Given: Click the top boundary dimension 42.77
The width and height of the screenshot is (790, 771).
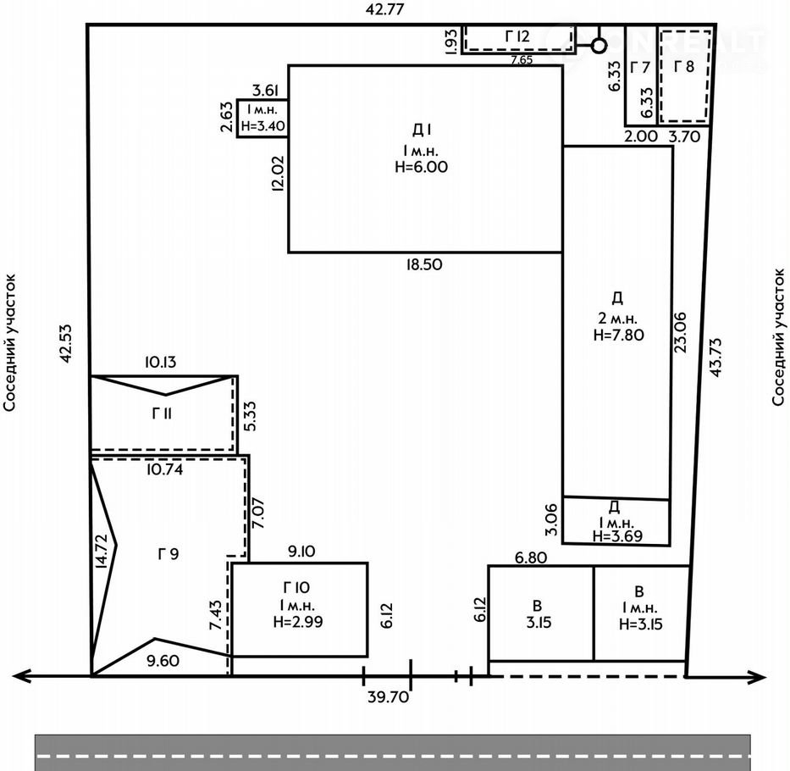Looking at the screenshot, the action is pyautogui.click(x=384, y=9).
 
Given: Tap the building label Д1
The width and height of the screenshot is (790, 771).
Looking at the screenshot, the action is pyautogui.click(x=422, y=130).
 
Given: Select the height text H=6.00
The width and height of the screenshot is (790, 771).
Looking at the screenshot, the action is pyautogui.click(x=421, y=167).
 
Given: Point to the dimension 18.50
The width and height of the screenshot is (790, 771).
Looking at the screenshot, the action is pyautogui.click(x=424, y=264).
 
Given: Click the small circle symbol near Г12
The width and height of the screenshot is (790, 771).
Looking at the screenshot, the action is pyautogui.click(x=598, y=47).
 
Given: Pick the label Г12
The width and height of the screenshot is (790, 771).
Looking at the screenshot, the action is pyautogui.click(x=517, y=36).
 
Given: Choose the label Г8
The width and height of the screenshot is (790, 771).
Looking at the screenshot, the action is pyautogui.click(x=684, y=66).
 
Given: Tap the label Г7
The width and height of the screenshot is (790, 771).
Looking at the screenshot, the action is pyautogui.click(x=640, y=67).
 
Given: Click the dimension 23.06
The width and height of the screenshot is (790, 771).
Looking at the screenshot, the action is pyautogui.click(x=680, y=332).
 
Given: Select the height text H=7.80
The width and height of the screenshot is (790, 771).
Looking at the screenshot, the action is pyautogui.click(x=619, y=335).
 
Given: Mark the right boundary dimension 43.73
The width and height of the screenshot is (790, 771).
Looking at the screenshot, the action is pyautogui.click(x=716, y=357).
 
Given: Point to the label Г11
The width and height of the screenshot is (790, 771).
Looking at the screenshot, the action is pyautogui.click(x=162, y=413).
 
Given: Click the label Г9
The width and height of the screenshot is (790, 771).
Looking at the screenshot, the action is pyautogui.click(x=168, y=554).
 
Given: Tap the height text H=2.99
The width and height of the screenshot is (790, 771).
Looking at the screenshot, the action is pyautogui.click(x=298, y=622).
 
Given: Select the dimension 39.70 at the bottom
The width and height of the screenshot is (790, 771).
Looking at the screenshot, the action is pyautogui.click(x=388, y=697).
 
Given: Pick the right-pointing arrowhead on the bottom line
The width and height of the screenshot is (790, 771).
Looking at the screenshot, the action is pyautogui.click(x=757, y=677).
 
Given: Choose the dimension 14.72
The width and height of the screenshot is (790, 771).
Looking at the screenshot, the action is pyautogui.click(x=102, y=552).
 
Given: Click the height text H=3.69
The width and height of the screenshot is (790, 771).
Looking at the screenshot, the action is pyautogui.click(x=618, y=535).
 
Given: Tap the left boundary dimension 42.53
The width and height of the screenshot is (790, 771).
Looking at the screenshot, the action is pyautogui.click(x=66, y=343).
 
